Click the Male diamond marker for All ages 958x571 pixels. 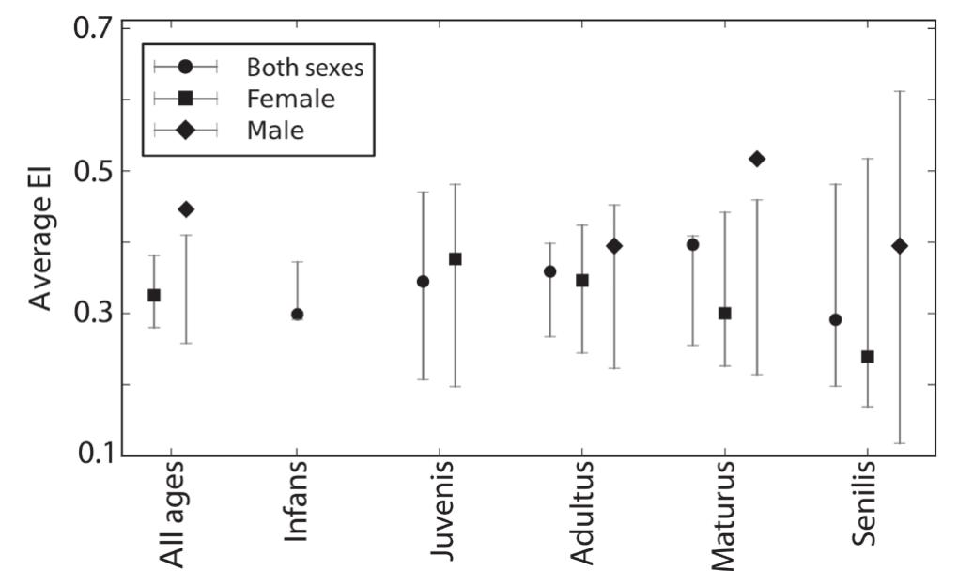coord(186,208)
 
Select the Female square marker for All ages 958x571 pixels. coord(154,295)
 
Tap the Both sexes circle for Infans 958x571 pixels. coord(297,315)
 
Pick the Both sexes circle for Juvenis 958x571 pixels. coord(423,281)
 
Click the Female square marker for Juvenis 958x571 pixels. coord(455,258)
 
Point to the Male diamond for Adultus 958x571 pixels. coord(614,246)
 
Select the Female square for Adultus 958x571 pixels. coord(582,280)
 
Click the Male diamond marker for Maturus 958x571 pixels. coord(757,159)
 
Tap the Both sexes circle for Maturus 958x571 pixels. coord(693,244)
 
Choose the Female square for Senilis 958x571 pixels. coord(868,356)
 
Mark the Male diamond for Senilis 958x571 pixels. coord(900,246)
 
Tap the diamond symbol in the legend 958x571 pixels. coord(185,131)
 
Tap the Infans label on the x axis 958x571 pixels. coord(296,515)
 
